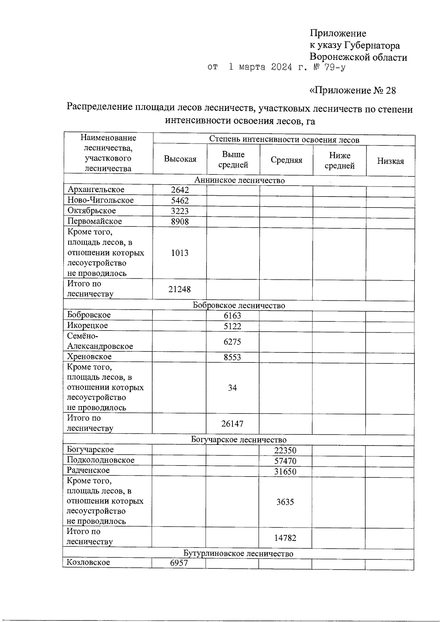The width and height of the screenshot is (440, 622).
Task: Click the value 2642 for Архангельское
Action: pyautogui.click(x=180, y=190)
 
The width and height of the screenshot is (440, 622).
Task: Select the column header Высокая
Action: pyautogui.click(x=180, y=159)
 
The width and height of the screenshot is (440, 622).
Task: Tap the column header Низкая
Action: pyautogui.click(x=390, y=161)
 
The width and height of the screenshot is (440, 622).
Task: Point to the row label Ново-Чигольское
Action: pyautogui.click(x=100, y=200)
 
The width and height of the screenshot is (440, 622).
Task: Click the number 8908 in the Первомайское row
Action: pyautogui.click(x=180, y=221)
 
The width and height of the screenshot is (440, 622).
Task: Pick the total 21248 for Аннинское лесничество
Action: pyautogui.click(x=180, y=289)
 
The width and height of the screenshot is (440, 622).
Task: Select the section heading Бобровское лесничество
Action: pyautogui.click(x=239, y=305)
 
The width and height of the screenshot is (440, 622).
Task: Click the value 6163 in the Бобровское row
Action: pyautogui.click(x=232, y=316)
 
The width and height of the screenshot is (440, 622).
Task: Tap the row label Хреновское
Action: pyautogui.click(x=89, y=357)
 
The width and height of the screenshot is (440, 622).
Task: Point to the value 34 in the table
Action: pyautogui.click(x=232, y=388)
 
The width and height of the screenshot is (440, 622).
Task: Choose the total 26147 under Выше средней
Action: pyautogui.click(x=232, y=424)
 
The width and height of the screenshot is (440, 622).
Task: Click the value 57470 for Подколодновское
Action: pyautogui.click(x=285, y=461)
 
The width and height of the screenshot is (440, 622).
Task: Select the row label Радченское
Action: pyautogui.click(x=88, y=470)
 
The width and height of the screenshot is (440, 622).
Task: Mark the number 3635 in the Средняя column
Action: pyautogui.click(x=285, y=502)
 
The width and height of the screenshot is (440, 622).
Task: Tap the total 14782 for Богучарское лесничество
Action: pyautogui.click(x=285, y=538)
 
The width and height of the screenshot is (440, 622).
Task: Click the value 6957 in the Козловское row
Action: pyautogui.click(x=179, y=563)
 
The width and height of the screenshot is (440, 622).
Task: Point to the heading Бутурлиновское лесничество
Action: pyautogui.click(x=238, y=554)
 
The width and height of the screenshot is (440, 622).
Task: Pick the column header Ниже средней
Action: pyautogui.click(x=340, y=160)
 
